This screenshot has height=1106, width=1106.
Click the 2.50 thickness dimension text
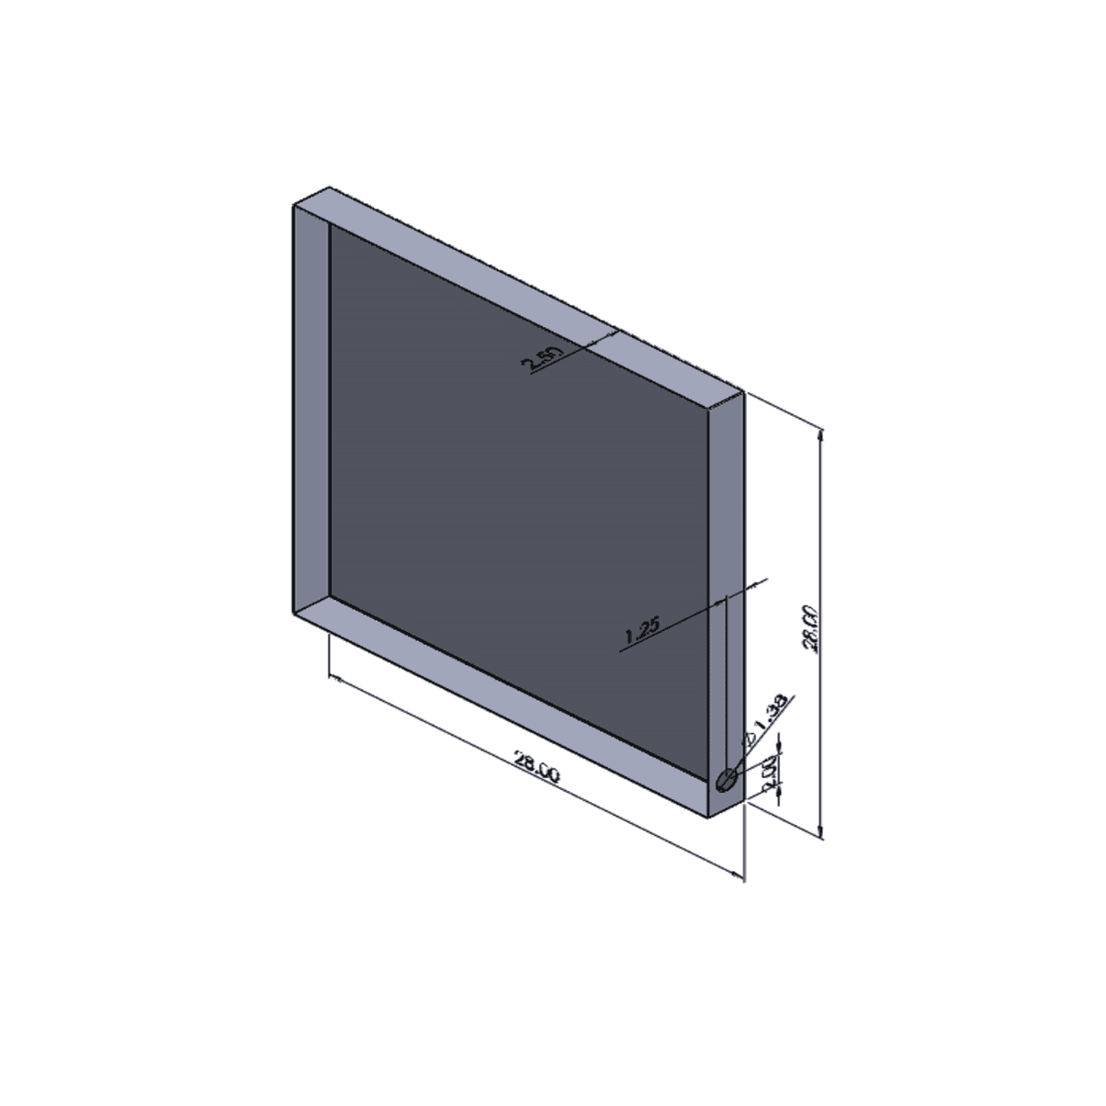(540, 359)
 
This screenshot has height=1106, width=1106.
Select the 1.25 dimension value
(642, 630)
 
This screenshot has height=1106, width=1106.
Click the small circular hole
(727, 781)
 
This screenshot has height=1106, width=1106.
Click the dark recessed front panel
(514, 496)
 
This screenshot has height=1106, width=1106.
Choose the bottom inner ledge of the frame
(514, 698)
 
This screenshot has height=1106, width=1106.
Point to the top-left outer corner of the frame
(292, 206)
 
